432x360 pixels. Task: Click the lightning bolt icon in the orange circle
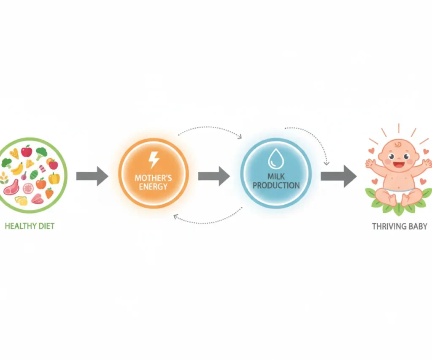154,160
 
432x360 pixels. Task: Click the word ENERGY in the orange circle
153,187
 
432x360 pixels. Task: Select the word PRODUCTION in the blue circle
276,186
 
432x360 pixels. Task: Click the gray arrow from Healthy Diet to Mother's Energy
92,176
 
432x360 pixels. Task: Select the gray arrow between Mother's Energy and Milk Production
214,176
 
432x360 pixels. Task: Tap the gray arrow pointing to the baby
339,176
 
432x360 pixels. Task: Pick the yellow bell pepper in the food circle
54,179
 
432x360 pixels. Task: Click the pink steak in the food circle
11,187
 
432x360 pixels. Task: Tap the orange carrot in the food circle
49,193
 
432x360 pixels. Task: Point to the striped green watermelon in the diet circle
34,174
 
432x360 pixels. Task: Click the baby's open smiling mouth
398,164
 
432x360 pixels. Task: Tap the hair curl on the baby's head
398,144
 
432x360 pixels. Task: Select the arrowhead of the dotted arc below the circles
175,217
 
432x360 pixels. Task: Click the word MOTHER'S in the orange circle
153,178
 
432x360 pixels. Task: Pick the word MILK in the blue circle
276,176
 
